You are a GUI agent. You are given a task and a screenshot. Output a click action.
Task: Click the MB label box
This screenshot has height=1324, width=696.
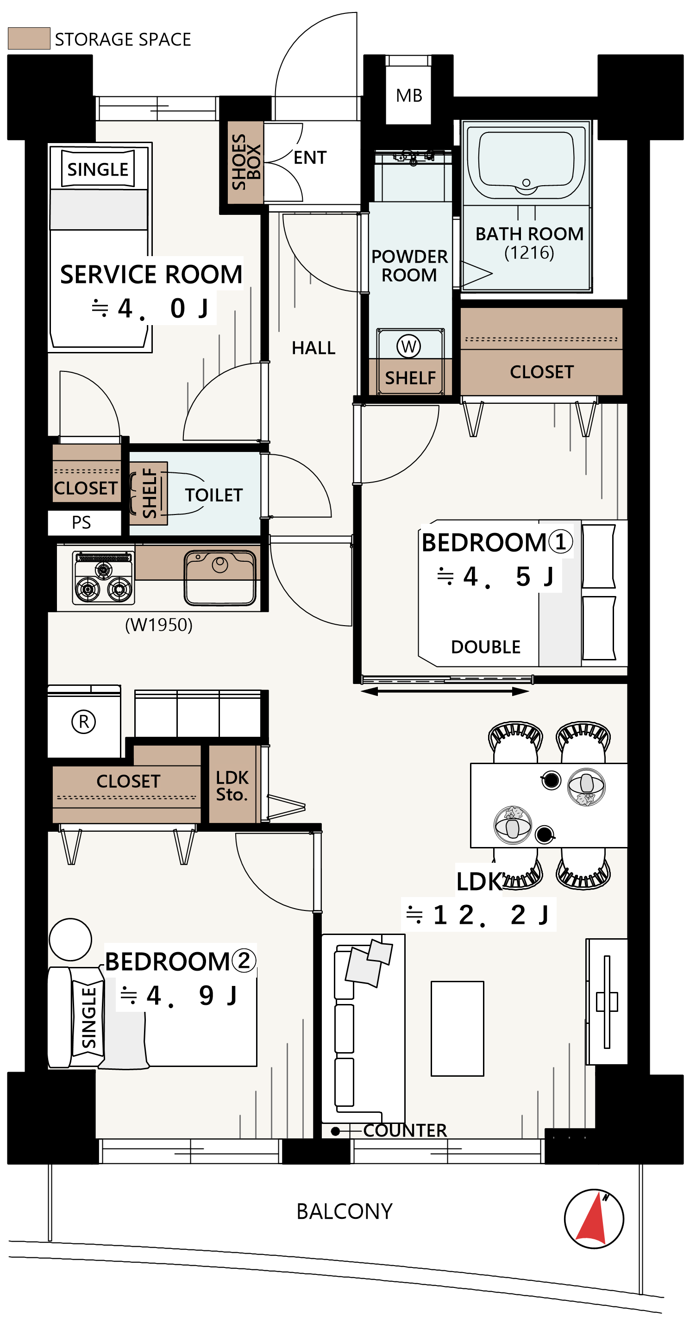pos(408,95)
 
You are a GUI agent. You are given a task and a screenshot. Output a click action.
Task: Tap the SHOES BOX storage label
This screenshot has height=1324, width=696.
pos(246,162)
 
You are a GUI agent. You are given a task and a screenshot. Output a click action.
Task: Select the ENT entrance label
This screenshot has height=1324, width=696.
pos(310,157)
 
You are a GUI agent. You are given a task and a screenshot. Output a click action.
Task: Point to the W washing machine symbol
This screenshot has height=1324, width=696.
pos(408,346)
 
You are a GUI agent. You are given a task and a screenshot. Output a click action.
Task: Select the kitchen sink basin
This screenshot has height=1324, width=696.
pos(220,577)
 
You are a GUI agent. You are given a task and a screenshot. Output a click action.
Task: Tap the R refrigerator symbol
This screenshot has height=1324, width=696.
pos(84,721)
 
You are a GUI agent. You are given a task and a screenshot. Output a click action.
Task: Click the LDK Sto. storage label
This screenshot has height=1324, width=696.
pos(232,785)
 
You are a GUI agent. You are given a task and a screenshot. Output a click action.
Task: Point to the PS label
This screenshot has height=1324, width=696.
pos(81,522)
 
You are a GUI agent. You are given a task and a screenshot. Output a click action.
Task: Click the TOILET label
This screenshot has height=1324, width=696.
pos(214,495)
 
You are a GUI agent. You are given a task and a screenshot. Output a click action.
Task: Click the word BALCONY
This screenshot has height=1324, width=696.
pos(345,1211)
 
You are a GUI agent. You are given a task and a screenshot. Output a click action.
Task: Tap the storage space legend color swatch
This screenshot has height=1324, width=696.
pos(29,38)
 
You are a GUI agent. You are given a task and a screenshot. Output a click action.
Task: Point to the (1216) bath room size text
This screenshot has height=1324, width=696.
pos(529,252)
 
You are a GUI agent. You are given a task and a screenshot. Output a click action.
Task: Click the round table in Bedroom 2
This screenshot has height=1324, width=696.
pos(70,940)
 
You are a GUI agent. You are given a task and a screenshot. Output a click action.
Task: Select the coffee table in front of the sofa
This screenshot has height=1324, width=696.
pos(457,1029)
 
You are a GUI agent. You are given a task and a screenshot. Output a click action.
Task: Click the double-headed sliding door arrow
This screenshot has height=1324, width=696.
pos(445,692)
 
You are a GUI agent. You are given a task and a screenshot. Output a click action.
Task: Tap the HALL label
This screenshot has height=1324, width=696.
pos(314,348)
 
